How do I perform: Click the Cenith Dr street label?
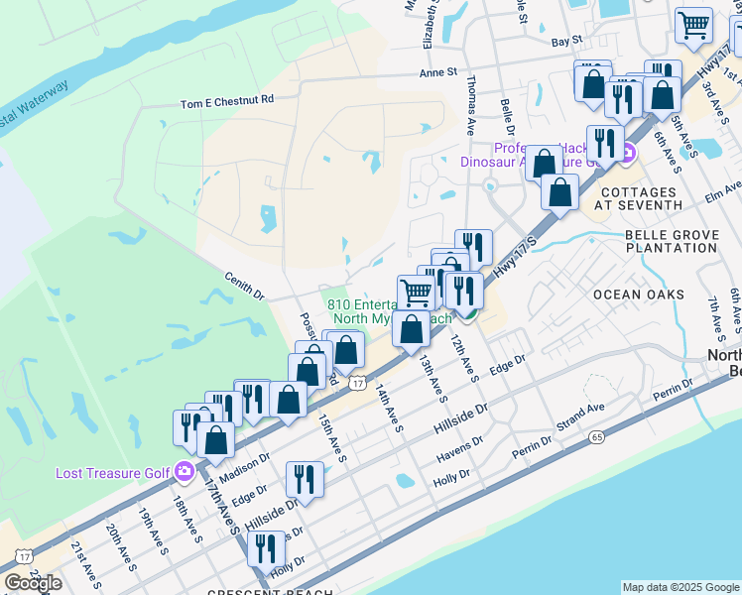click(245, 287)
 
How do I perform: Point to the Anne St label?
click(437, 72)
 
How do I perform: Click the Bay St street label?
click(565, 42)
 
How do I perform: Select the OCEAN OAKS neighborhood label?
click(639, 295)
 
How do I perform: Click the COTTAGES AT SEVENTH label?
click(642, 197)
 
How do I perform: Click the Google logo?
click(33, 583)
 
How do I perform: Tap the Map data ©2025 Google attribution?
click(680, 587)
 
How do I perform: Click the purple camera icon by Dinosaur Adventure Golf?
click(629, 154)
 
